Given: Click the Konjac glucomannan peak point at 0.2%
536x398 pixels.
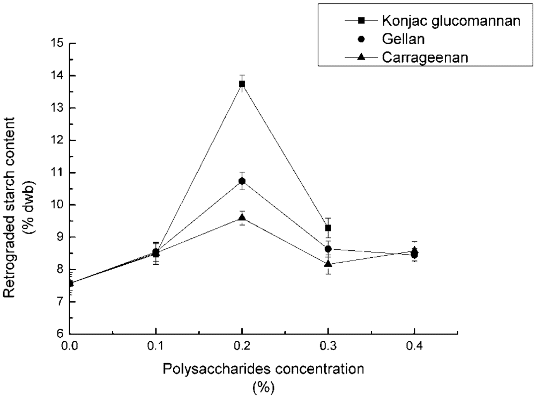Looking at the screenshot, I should pyautogui.click(x=242, y=84).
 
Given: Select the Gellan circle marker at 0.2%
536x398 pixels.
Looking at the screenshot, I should pyautogui.click(x=242, y=181).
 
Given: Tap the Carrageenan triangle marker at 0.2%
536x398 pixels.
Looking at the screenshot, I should pyautogui.click(x=242, y=217).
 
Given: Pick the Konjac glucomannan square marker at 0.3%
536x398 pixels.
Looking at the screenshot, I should pyautogui.click(x=328, y=228).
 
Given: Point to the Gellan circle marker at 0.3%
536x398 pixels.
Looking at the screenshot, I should pyautogui.click(x=328, y=249).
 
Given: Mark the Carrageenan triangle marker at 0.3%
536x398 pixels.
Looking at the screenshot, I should pyautogui.click(x=328, y=264).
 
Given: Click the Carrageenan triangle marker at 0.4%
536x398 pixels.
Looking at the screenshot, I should pyautogui.click(x=414, y=250).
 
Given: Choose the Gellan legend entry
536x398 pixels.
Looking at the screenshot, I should pyautogui.click(x=398, y=39).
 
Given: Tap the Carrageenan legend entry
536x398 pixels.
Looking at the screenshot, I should pyautogui.click(x=418, y=57).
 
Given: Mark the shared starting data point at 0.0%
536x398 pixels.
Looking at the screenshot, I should pyautogui.click(x=70, y=283).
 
